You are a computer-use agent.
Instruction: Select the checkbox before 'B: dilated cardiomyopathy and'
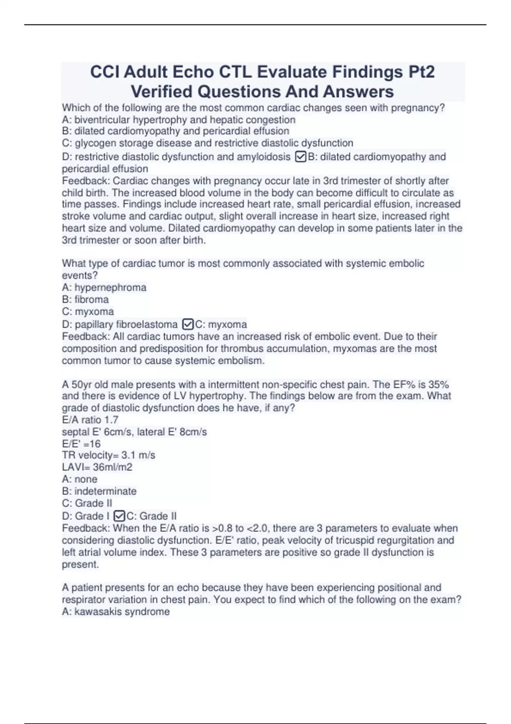(300, 157)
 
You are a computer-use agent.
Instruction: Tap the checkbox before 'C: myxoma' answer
(187, 325)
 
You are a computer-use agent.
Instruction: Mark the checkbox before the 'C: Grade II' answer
(119, 516)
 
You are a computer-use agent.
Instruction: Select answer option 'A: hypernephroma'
(104, 287)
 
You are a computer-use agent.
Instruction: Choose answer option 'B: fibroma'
(85, 299)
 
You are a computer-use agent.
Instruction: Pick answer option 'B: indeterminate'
(99, 491)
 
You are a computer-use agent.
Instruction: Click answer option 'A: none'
(80, 479)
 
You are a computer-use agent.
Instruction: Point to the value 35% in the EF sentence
(438, 385)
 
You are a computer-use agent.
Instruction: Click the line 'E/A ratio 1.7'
(90, 419)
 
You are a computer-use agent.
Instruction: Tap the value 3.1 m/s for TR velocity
(138, 455)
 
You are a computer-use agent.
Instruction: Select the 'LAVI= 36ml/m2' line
(97, 467)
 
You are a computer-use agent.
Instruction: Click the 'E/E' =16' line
(81, 443)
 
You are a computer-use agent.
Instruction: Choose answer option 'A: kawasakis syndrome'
(116, 612)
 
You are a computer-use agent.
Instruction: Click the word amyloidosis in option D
(264, 157)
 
